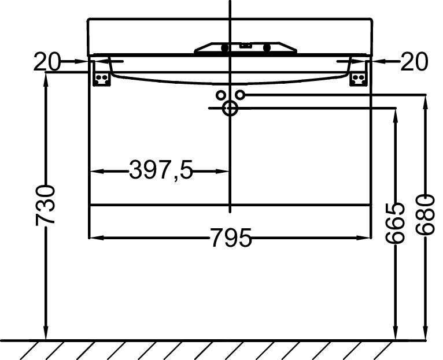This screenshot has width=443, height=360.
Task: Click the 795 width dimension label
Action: click(x=231, y=237)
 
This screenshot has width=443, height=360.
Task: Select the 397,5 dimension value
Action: click(x=161, y=170)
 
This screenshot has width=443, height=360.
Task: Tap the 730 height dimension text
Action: click(x=45, y=206)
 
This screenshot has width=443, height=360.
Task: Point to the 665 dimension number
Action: click(x=395, y=223)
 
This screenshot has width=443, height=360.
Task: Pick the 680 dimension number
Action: click(x=425, y=215)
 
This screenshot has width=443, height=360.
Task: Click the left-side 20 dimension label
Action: click(x=47, y=62)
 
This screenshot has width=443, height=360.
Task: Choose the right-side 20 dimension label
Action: click(x=414, y=62)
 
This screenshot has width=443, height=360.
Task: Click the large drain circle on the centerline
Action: click(x=230, y=108)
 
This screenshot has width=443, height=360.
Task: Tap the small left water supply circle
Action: click(x=220, y=95)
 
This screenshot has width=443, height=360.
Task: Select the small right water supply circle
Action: click(x=240, y=95)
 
